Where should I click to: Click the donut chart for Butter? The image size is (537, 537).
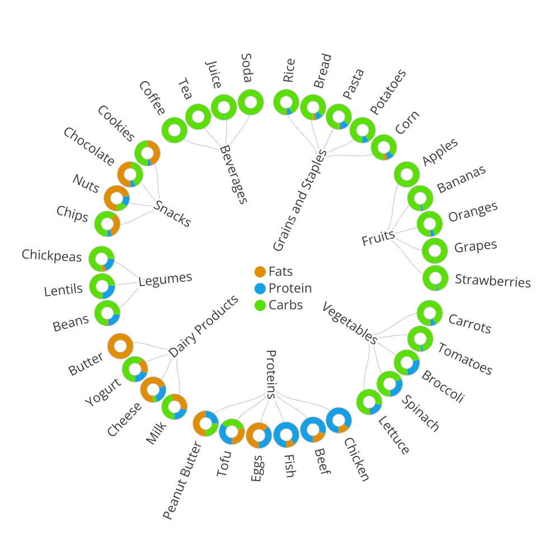point(120,346)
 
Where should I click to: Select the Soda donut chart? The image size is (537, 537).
point(251,102)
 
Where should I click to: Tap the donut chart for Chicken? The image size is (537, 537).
point(339,420)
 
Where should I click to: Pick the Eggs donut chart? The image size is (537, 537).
point(258,435)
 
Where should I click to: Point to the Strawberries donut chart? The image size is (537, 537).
point(435,279)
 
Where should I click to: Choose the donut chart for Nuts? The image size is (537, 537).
point(117,198)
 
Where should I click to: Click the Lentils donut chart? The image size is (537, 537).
point(102,286)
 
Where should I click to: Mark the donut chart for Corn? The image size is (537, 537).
point(384,147)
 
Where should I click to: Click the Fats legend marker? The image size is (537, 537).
point(260,272)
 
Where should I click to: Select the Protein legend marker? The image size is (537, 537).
point(260,289)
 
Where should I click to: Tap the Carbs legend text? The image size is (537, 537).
point(285,305)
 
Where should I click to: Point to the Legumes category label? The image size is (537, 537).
point(165,279)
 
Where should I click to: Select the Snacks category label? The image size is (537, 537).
point(173,213)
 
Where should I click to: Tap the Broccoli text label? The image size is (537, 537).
point(442,386)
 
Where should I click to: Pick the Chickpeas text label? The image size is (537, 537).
point(52,255)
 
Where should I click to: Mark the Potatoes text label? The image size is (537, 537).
point(388,92)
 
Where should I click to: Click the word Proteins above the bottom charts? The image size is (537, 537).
point(271,374)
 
